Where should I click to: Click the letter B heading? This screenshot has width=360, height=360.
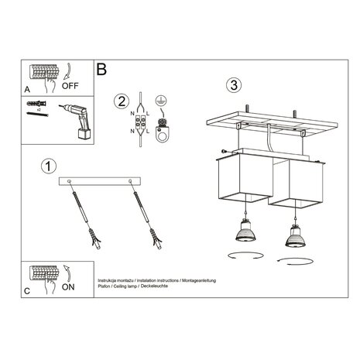pos(101,70)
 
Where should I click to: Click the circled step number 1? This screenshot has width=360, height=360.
pos(49,165)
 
